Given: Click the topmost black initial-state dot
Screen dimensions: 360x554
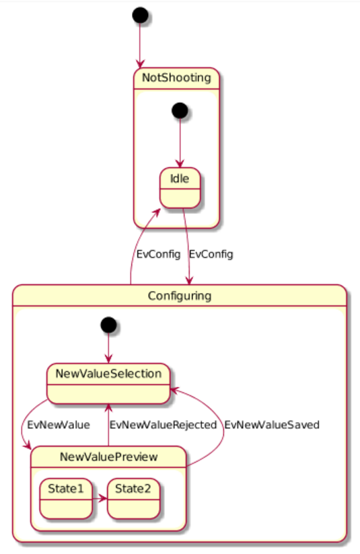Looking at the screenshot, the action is click(x=140, y=15).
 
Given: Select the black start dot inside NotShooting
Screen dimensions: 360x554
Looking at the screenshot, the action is click(x=180, y=110).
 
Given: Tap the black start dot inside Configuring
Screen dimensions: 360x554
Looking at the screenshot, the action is click(x=108, y=325).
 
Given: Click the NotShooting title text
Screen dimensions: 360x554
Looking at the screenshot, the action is click(x=176, y=77).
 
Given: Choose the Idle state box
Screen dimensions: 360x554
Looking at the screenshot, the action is click(x=180, y=188).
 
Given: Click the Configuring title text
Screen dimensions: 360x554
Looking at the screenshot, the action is click(x=180, y=296).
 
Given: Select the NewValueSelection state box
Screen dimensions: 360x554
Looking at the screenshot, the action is click(x=108, y=383).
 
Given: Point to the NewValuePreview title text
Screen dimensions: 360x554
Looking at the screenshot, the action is click(x=108, y=457).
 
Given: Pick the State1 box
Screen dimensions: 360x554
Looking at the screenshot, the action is click(x=66, y=499).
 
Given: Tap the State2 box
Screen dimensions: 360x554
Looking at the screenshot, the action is click(x=133, y=499).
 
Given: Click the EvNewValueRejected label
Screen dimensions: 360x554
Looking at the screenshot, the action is click(x=163, y=425).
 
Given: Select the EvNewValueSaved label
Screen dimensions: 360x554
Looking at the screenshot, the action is click(x=272, y=425).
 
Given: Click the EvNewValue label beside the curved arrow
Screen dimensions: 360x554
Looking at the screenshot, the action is click(x=59, y=425).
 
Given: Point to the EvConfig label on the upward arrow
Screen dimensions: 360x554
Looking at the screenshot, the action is click(x=158, y=254).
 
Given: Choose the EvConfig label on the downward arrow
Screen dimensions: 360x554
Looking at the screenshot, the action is click(x=211, y=254).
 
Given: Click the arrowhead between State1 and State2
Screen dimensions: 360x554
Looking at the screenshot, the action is click(x=103, y=499).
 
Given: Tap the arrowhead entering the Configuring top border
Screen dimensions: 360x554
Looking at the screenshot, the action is click(x=189, y=280).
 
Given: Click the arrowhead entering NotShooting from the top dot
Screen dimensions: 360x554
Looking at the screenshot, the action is click(x=140, y=64).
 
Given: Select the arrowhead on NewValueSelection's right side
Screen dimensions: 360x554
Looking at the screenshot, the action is click(x=175, y=390).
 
